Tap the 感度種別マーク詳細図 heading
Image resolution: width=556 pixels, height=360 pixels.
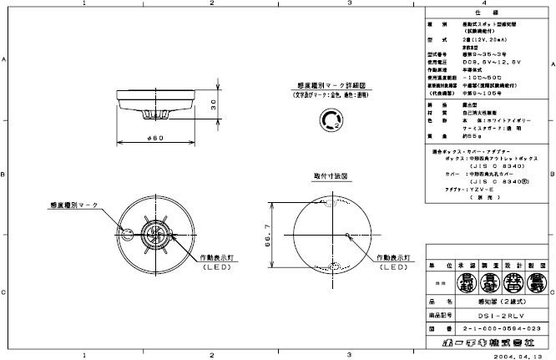[x=327, y=87]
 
